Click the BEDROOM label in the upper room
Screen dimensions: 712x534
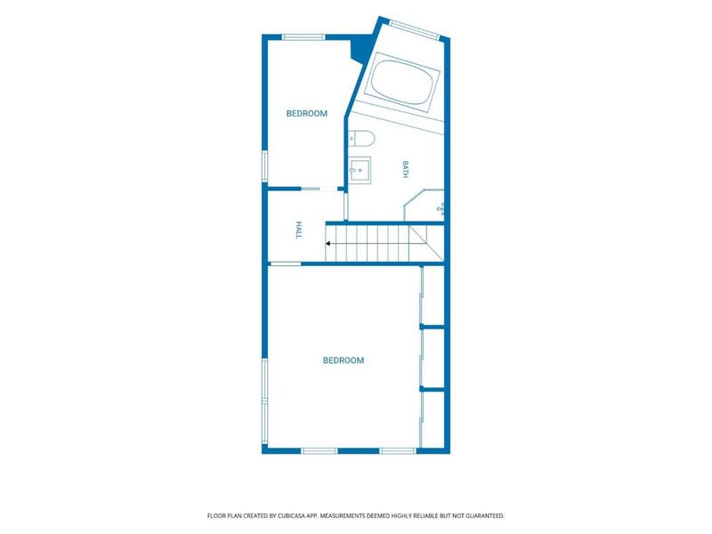pyautogui.click(x=306, y=114)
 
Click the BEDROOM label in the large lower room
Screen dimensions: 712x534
pyautogui.click(x=344, y=360)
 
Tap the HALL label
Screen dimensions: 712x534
pyautogui.click(x=298, y=230)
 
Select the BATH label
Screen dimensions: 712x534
pyautogui.click(x=406, y=169)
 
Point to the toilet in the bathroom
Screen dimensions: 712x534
pyautogui.click(x=361, y=138)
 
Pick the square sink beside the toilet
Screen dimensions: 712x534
pyautogui.click(x=360, y=170)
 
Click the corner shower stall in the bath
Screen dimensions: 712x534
pyautogui.click(x=424, y=206)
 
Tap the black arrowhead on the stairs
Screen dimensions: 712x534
pyautogui.click(x=328, y=244)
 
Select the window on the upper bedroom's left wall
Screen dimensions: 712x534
pyautogui.click(x=264, y=166)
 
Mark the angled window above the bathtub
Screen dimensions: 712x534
pyautogui.click(x=414, y=29)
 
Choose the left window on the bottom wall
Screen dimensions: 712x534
pyautogui.click(x=320, y=451)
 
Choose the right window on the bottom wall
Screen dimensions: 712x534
pyautogui.click(x=398, y=451)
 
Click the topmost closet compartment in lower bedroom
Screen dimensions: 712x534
pyautogui.click(x=433, y=295)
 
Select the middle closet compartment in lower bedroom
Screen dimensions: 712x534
pyautogui.click(x=433, y=359)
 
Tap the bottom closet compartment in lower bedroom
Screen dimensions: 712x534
pyautogui.click(x=433, y=419)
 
